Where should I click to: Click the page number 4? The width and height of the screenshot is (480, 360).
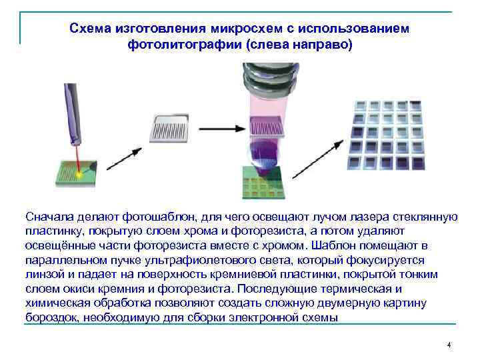[x=449, y=345]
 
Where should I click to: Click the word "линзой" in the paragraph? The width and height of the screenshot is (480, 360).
[x=45, y=275]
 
